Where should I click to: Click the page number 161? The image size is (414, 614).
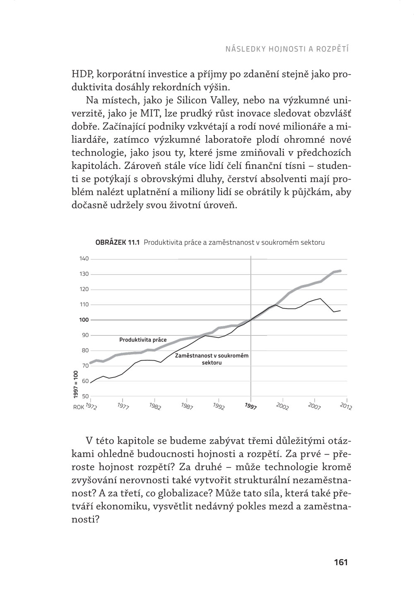tap(340, 562)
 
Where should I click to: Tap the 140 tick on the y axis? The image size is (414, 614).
tap(84, 259)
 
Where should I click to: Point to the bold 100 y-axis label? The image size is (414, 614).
tap(84, 320)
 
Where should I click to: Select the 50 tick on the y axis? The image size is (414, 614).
tap(85, 396)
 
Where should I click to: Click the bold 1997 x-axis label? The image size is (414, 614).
tap(250, 406)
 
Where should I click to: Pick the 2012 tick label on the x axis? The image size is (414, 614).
tap(346, 406)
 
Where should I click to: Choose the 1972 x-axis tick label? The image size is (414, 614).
tap(91, 406)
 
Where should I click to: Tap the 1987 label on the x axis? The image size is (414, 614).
tap(187, 406)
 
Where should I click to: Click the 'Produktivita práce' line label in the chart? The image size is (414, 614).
tap(143, 340)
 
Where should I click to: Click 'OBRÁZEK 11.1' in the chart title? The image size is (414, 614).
tap(118, 243)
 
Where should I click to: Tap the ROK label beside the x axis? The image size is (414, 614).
tap(78, 407)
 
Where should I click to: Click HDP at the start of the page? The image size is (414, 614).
tap(82, 75)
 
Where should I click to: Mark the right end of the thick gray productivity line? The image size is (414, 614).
tap(340, 271)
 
